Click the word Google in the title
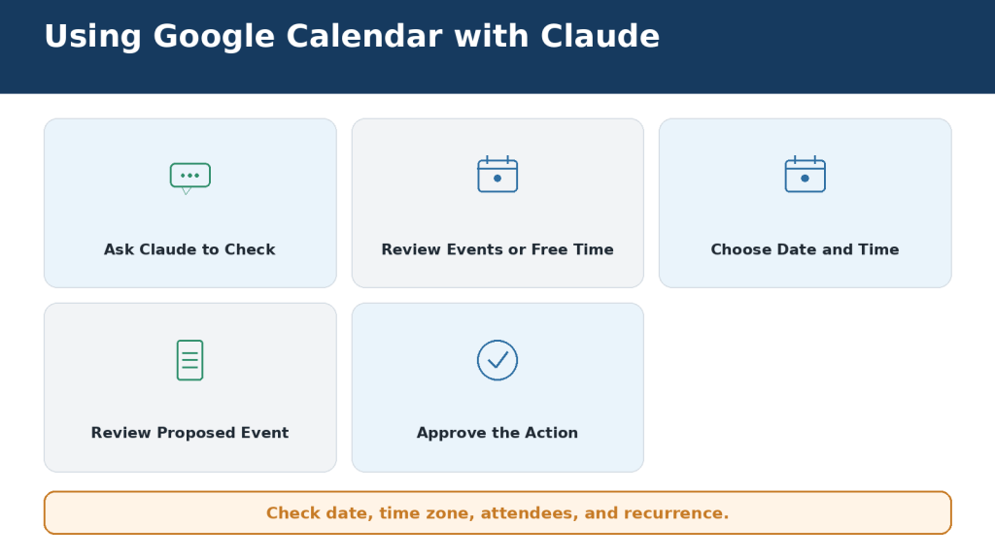coord(214,37)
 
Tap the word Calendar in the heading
coord(364,36)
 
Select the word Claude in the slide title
coord(600,36)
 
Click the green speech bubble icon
coord(189,179)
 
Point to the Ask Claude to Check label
coord(189,249)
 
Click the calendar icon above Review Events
coord(497,174)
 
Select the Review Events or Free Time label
coord(497,249)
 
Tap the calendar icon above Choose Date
coord(806,174)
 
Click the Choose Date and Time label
coord(805,249)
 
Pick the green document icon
coord(189,360)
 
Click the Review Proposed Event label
coord(189,433)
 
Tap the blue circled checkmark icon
coord(497,360)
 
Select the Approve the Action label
coord(497,433)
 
